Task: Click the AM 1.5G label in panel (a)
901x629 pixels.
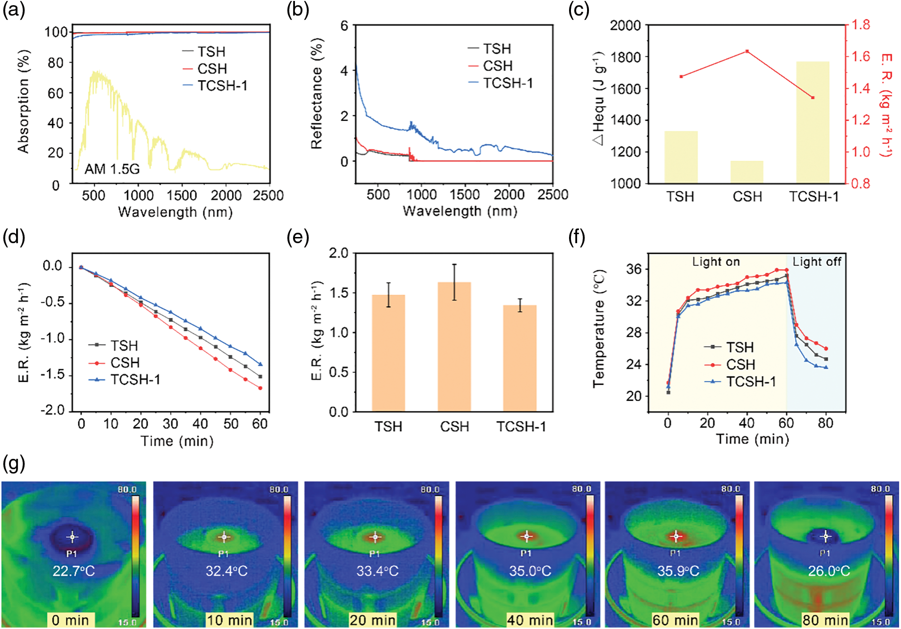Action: [112, 169]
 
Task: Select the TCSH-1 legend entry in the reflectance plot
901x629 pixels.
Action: [508, 83]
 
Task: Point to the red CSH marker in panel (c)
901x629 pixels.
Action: [747, 51]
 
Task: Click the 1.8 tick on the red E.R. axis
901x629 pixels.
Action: [860, 25]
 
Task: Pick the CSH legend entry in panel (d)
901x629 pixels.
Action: [125, 363]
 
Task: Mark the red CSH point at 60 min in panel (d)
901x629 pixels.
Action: [260, 388]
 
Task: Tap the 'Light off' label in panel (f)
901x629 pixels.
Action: [817, 262]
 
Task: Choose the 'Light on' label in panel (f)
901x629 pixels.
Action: [716, 262]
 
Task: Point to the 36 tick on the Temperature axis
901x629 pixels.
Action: [634, 269]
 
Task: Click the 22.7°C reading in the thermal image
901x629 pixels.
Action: [74, 571]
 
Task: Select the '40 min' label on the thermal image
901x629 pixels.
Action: [530, 620]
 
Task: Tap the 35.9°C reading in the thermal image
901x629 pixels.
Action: [678, 571]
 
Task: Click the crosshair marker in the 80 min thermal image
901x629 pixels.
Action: [826, 537]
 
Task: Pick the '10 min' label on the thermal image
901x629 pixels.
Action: [229, 620]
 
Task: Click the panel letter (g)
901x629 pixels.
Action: [14, 463]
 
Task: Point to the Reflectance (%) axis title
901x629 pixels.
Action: [317, 95]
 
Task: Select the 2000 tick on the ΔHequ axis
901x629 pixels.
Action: [625, 25]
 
